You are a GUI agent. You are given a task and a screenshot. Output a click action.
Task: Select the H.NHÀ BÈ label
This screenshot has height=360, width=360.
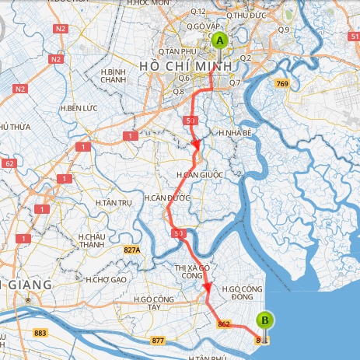(x=234, y=133)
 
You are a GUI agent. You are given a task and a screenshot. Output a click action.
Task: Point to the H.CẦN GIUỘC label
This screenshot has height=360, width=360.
(x=199, y=174)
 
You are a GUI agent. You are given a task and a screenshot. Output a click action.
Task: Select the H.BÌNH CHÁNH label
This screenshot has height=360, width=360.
(x=114, y=75)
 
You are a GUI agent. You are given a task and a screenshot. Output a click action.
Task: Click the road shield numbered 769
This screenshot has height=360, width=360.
(x=281, y=83)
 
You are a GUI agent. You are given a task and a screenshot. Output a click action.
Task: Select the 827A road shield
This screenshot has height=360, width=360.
(x=131, y=250)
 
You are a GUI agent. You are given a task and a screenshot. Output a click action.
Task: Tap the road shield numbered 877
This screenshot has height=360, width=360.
(x=159, y=341)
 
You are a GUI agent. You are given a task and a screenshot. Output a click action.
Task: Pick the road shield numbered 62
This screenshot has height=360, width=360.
(x=9, y=163)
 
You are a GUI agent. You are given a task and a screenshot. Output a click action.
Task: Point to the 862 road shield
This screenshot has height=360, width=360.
(x=225, y=323)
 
